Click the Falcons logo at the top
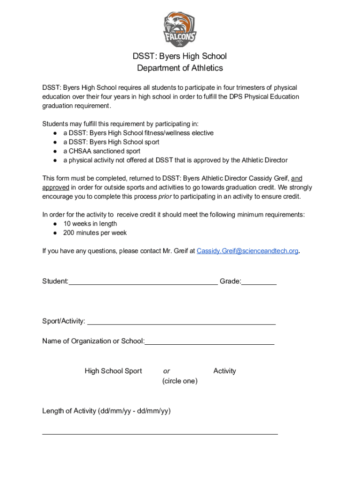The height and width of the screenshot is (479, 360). tap(180, 29)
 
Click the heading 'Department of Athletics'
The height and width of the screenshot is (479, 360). tap(180, 68)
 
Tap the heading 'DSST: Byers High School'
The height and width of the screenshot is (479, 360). tap(180, 56)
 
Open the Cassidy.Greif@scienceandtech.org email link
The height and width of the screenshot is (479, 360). tap(247, 251)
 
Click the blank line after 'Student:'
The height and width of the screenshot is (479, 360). tap(143, 282)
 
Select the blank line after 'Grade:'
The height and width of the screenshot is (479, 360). tap(259, 282)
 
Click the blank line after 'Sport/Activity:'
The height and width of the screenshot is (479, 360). tap(181, 322)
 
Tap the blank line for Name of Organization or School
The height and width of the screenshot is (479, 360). tap(209, 342)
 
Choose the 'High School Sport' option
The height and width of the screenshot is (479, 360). tap(113, 371)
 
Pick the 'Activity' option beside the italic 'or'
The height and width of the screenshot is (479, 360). tap(224, 371)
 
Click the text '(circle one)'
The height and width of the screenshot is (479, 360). tap(180, 381)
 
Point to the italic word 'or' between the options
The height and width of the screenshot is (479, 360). tap(166, 371)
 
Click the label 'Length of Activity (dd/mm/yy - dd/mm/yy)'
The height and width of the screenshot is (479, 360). tap(106, 411)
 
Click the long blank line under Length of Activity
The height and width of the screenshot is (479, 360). tap(160, 433)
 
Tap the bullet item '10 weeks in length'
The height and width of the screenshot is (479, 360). tap(90, 224)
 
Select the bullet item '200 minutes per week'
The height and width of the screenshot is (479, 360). tap(95, 233)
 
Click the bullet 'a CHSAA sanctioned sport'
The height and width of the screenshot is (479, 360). tap(101, 151)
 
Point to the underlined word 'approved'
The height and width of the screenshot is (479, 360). tap(56, 188)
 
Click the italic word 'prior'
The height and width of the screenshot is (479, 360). tap(165, 196)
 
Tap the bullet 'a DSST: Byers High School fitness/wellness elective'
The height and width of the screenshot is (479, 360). tap(138, 133)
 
